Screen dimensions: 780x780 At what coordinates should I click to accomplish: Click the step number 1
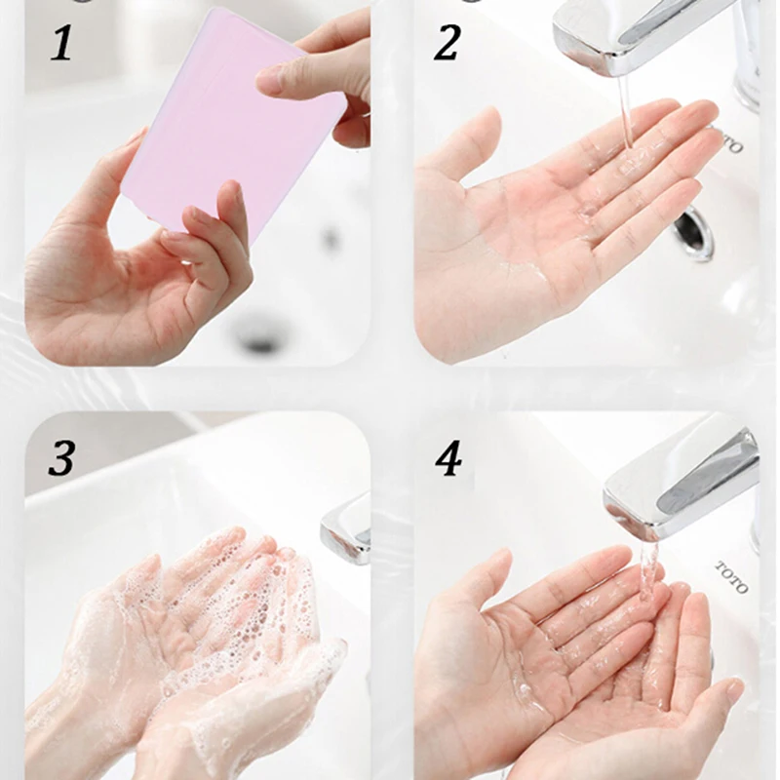(x=61, y=44)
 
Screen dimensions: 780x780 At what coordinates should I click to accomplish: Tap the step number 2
(x=447, y=44)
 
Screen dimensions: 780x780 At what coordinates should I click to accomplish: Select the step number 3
(x=61, y=458)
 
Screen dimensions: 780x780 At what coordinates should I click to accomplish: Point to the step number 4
(x=448, y=458)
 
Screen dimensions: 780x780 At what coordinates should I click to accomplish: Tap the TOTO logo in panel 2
(x=729, y=139)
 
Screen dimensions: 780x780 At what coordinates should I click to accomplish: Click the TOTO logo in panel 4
(x=732, y=576)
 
